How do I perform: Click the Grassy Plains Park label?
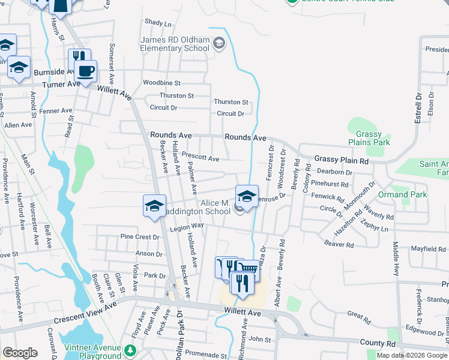(x=373, y=138)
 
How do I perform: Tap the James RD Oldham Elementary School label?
(x=175, y=44)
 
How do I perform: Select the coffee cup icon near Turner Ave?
(x=85, y=70)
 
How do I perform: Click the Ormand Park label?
(x=402, y=195)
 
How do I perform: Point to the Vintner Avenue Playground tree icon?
(x=130, y=349)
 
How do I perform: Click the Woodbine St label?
(x=161, y=83)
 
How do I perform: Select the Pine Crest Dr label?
(x=140, y=237)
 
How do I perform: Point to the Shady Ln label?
(x=158, y=23)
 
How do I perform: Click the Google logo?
(x=20, y=353)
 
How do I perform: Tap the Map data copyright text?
(x=412, y=355)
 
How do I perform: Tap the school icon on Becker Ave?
(x=154, y=206)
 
